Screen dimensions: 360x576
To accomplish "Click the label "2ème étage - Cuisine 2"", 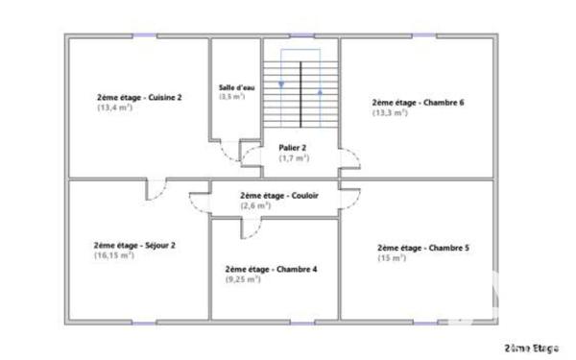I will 139,97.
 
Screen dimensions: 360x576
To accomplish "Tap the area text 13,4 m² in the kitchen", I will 114,108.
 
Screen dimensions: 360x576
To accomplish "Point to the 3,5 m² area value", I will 231,96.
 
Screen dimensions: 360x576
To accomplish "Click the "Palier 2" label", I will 293,148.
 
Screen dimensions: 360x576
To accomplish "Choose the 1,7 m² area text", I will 294,158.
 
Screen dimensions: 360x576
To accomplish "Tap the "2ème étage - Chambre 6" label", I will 418,102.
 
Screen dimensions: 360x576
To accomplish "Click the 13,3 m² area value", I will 390,112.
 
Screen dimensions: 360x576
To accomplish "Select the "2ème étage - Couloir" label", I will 279,195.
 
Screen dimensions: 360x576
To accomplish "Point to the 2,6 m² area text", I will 255,205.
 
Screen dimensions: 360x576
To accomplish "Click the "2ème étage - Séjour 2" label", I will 134,245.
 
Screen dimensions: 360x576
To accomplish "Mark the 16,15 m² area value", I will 113,255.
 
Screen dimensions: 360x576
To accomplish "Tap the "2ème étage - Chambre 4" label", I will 271,270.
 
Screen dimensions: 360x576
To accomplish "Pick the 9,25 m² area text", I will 243,280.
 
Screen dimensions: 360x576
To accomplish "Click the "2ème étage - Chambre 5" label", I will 422,247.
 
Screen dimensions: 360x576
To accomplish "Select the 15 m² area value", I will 391,257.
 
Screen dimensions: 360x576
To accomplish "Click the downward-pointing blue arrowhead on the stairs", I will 281,84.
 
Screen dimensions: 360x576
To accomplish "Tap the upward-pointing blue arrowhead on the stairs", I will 320,92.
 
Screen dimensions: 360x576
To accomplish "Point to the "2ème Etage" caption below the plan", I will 531,347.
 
